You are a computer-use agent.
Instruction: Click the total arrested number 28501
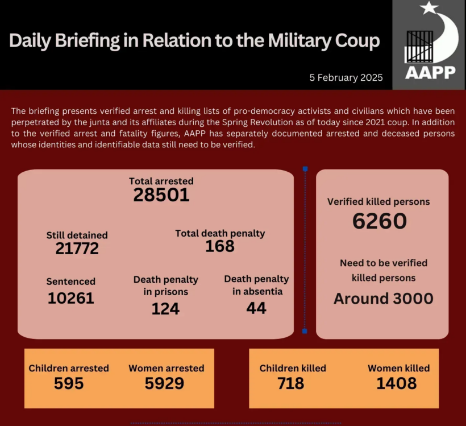(x=161, y=195)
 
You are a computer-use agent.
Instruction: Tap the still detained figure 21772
(x=77, y=249)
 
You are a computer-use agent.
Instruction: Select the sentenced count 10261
(x=71, y=297)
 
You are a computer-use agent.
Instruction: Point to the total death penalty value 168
(x=220, y=246)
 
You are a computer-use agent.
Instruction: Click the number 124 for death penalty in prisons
(x=165, y=308)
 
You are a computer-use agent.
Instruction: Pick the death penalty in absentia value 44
(x=256, y=308)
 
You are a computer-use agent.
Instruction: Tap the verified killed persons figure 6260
(x=379, y=221)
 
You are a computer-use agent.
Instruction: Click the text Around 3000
(x=384, y=299)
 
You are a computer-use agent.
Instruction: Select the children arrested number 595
(x=69, y=383)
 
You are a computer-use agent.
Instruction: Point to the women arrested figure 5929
(x=164, y=383)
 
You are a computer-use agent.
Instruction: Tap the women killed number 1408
(x=397, y=383)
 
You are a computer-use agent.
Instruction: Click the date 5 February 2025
(x=346, y=77)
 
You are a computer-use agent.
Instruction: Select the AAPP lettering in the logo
(x=430, y=73)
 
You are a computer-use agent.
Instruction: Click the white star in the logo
(x=428, y=9)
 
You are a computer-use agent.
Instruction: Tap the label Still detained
(x=77, y=235)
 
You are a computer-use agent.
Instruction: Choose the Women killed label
(x=398, y=368)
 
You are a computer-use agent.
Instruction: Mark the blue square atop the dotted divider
(x=305, y=169)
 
